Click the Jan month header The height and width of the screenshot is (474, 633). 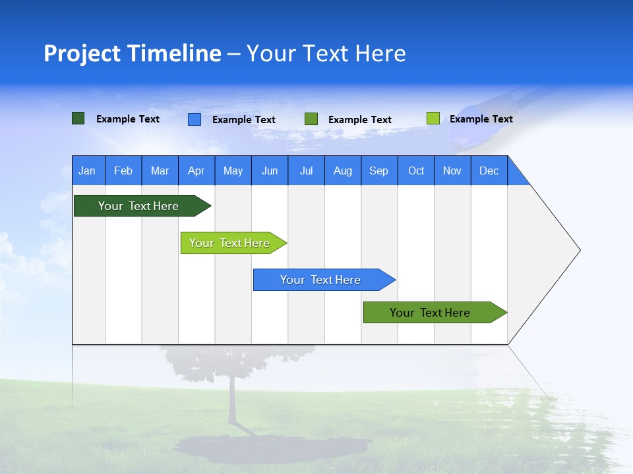coord(88,171)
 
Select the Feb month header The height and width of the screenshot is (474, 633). coord(123,171)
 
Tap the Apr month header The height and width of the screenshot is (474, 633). coord(196,171)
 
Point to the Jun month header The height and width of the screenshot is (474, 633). coord(270,171)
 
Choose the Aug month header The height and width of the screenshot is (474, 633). coord(343,171)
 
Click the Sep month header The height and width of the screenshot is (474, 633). coord(379,171)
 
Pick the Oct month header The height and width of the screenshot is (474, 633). coord(416,171)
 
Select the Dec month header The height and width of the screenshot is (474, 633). coord(489,171)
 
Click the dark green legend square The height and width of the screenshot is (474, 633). coord(78,118)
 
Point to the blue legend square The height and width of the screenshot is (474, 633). coord(195,119)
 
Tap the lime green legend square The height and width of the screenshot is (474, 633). coord(433,118)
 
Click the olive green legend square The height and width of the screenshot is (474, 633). coord(311,119)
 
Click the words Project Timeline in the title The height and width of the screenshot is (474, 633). coord(133,53)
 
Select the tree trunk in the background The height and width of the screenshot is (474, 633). coord(233,402)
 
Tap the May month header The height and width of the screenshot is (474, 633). coord(233,171)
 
